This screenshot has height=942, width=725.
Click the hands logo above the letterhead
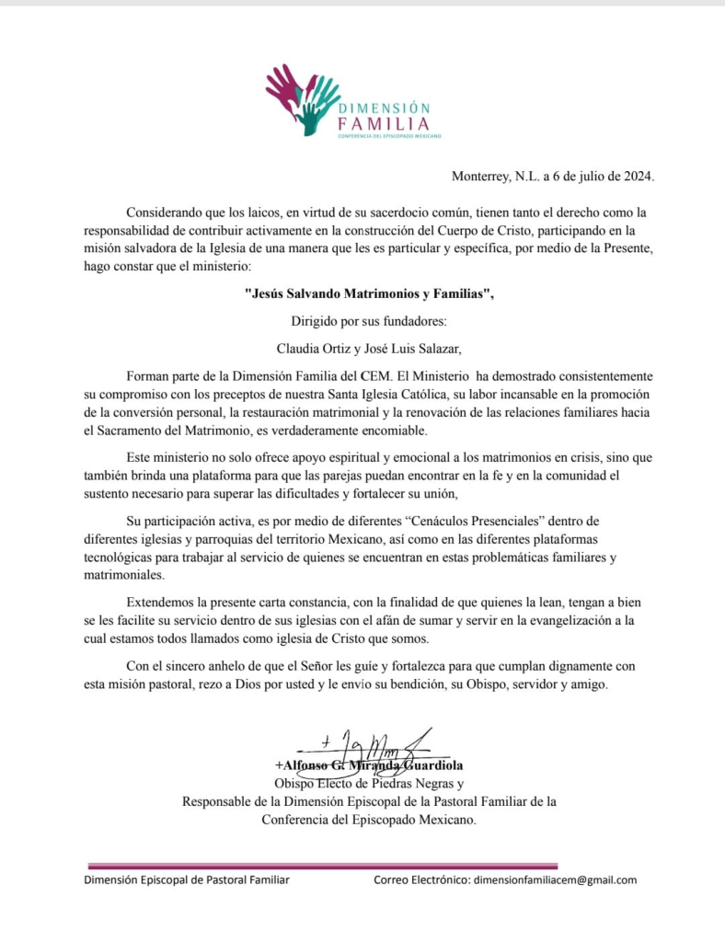click(x=300, y=97)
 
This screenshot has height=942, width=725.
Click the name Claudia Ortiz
click(x=315, y=349)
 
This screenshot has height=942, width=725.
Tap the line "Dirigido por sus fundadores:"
click(x=362, y=321)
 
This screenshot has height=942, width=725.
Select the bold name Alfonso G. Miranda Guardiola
click(x=368, y=765)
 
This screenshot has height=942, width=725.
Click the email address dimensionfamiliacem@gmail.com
click(x=555, y=879)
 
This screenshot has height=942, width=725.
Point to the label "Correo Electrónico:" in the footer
click(x=421, y=879)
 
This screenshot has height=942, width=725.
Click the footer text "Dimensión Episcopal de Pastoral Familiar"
click(x=187, y=879)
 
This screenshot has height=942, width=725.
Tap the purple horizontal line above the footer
click(x=322, y=865)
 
